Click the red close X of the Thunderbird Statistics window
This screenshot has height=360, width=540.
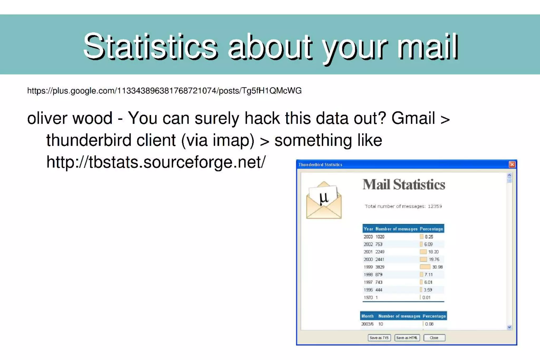pyautogui.click(x=512, y=165)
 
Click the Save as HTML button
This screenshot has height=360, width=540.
pyautogui.click(x=407, y=338)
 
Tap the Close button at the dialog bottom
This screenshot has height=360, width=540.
pyautogui.click(x=434, y=338)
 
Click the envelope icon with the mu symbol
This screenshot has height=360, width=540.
pyautogui.click(x=324, y=200)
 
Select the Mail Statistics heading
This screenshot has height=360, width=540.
pyautogui.click(x=404, y=185)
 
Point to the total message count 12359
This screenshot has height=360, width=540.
pyautogui.click(x=435, y=206)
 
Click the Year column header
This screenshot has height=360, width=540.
pyautogui.click(x=368, y=229)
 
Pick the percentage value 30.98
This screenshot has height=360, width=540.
pyautogui.click(x=437, y=267)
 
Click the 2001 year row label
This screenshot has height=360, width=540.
pyautogui.click(x=368, y=252)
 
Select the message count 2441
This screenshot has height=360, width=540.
pyautogui.click(x=380, y=260)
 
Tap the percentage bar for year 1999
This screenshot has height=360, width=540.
pyautogui.click(x=425, y=267)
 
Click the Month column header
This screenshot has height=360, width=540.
pyautogui.click(x=368, y=316)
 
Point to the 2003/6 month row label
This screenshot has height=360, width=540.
pyautogui.click(x=367, y=324)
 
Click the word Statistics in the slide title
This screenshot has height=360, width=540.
pyautogui.click(x=151, y=47)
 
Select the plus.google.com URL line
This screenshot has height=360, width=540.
pyautogui.click(x=164, y=91)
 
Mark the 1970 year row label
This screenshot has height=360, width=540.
pyautogui.click(x=368, y=297)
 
